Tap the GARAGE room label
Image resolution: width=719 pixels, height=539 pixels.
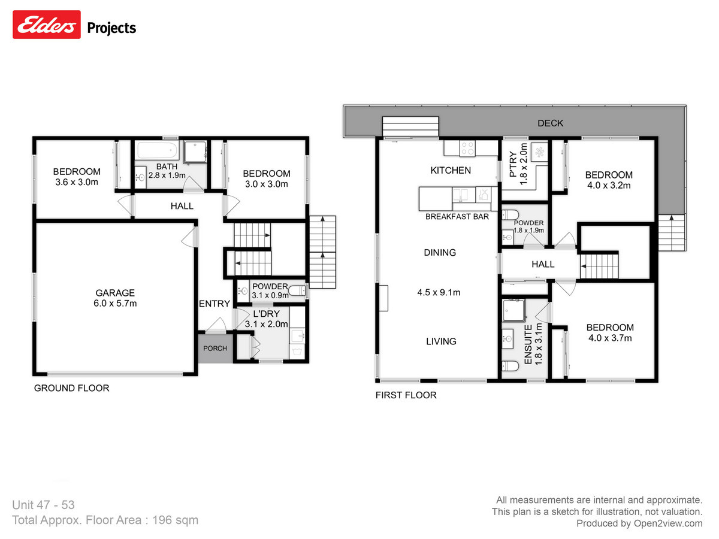[x=114, y=293]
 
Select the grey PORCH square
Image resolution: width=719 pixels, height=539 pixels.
[x=215, y=348]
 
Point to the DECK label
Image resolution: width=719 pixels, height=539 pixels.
[x=550, y=123]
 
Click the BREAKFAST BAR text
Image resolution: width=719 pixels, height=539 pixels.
[x=457, y=216]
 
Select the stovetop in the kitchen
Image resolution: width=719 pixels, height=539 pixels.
[x=467, y=147]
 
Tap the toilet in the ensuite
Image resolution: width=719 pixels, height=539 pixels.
[x=511, y=367]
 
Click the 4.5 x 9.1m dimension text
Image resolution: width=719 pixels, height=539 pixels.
[x=439, y=293]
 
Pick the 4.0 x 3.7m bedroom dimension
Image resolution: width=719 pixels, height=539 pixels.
[x=609, y=338]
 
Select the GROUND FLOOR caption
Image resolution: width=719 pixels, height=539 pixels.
[x=71, y=388]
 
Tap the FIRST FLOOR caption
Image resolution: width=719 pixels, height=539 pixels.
[x=406, y=395]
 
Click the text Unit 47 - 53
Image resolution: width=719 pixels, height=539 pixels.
[x=43, y=505]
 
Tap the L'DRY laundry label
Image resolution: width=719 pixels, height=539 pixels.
[x=267, y=314]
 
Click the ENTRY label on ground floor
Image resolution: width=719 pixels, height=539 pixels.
[x=214, y=304]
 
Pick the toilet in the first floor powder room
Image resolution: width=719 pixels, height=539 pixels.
[x=511, y=216]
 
